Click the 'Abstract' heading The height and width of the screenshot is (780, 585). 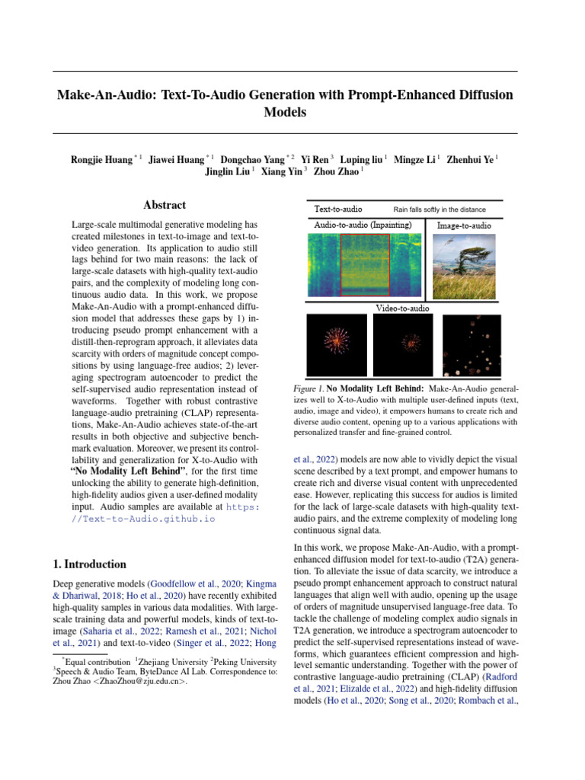click(x=165, y=205)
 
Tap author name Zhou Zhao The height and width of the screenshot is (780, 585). click(x=336, y=172)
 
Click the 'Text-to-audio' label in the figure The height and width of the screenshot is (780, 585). click(x=338, y=209)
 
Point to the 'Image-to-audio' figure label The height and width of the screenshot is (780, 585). click(x=464, y=225)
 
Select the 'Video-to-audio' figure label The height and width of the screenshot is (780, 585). click(x=403, y=308)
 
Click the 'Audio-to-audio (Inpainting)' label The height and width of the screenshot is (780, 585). click(x=363, y=225)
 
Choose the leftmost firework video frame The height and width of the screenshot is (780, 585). click(x=335, y=345)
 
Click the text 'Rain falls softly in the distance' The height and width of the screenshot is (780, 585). click(x=439, y=209)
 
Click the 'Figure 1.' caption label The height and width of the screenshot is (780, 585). click(x=308, y=388)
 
